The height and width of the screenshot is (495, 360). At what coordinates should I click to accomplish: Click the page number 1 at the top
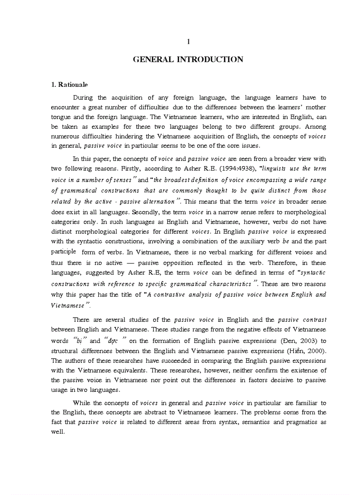[188, 42]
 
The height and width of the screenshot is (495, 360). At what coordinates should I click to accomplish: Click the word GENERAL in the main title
[153, 60]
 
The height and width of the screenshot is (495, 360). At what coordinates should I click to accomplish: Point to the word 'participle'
[64, 252]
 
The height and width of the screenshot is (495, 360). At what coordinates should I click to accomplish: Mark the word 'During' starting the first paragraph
[83, 97]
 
